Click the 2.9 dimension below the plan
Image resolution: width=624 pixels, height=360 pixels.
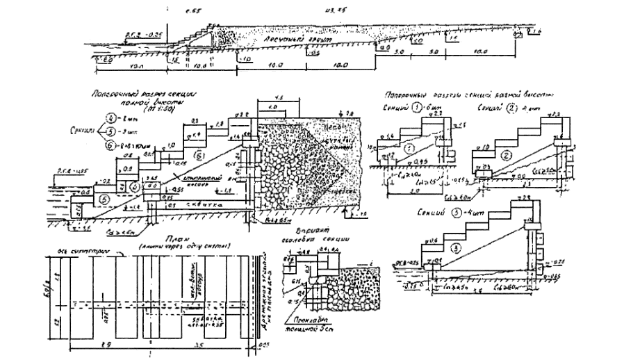[104, 345]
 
